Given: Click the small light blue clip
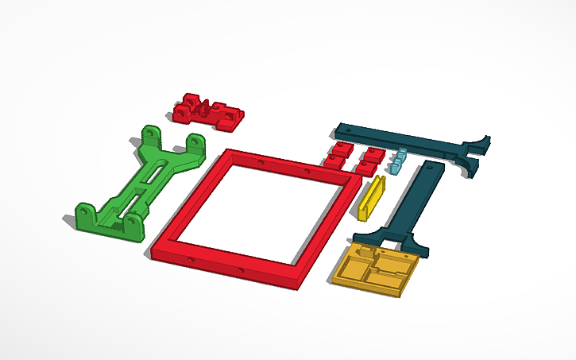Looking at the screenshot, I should tap(397, 161).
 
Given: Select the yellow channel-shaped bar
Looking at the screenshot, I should tap(371, 198).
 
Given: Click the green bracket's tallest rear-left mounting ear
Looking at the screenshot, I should tap(149, 134).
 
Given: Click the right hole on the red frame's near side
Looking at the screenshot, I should tap(242, 271).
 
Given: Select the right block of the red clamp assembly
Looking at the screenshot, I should tap(230, 118).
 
